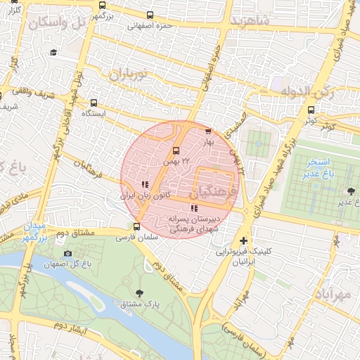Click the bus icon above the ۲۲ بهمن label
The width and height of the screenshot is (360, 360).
(x=176, y=150)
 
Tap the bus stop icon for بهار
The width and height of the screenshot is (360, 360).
(x=207, y=131)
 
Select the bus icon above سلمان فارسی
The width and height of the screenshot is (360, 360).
(x=137, y=226)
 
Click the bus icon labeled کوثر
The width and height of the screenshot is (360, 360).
(x=311, y=110)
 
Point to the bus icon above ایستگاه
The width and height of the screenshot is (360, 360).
(x=94, y=103)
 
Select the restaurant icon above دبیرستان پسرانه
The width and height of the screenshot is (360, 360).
(x=193, y=208)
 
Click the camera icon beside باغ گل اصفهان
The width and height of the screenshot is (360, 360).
(x=67, y=253)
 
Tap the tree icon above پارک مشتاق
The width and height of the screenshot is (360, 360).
(x=139, y=292)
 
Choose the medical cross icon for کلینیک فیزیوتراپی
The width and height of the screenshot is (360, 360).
(x=244, y=240)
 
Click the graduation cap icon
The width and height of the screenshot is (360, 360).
(x=53, y=53)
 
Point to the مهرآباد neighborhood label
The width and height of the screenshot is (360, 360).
(x=331, y=295)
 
